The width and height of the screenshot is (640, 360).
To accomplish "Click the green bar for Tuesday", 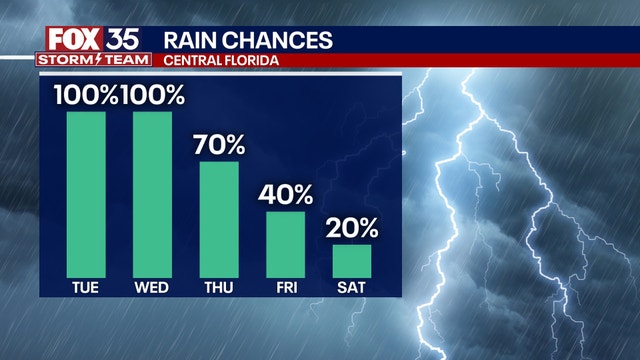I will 86,193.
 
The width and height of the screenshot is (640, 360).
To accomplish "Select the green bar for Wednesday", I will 152,193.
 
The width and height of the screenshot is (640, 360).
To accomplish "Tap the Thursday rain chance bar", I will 219,218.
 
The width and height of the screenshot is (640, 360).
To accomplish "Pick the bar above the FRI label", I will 285,243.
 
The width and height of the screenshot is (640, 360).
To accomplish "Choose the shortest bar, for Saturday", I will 352,260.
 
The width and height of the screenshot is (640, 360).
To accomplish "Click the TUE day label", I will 86,287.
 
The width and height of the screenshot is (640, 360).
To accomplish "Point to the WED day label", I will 152,287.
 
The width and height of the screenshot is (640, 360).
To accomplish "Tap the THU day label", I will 219,287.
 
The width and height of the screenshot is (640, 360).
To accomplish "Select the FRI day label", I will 285,287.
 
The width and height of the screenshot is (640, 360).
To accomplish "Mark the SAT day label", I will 352,287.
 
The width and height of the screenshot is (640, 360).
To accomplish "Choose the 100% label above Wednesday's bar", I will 153,95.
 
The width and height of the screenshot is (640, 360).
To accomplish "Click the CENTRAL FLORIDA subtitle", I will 219,61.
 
